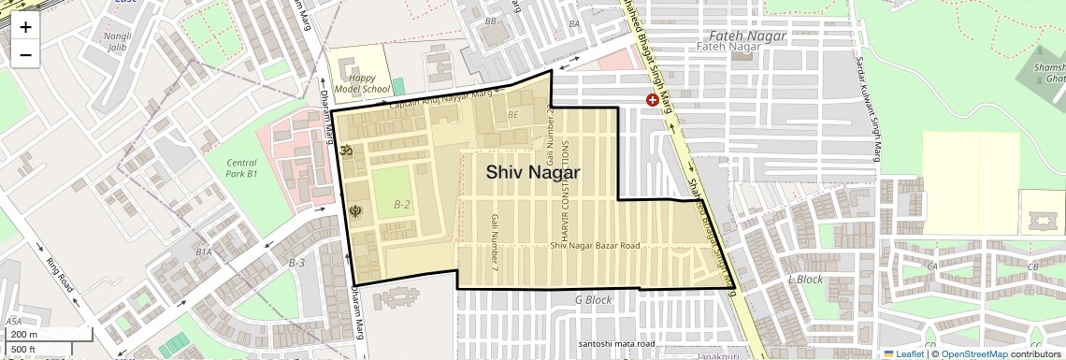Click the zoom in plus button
[x=25, y=26]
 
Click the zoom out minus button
[x=25, y=54]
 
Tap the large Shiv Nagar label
[x=532, y=172]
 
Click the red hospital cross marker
[x=652, y=99]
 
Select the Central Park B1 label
[x=241, y=168]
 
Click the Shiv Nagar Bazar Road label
[x=595, y=246]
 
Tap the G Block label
[x=592, y=300]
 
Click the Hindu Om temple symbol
[x=344, y=150]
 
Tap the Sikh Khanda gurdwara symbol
[x=355, y=211]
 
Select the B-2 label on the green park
[x=402, y=204]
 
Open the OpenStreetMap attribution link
[x=973, y=354]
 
